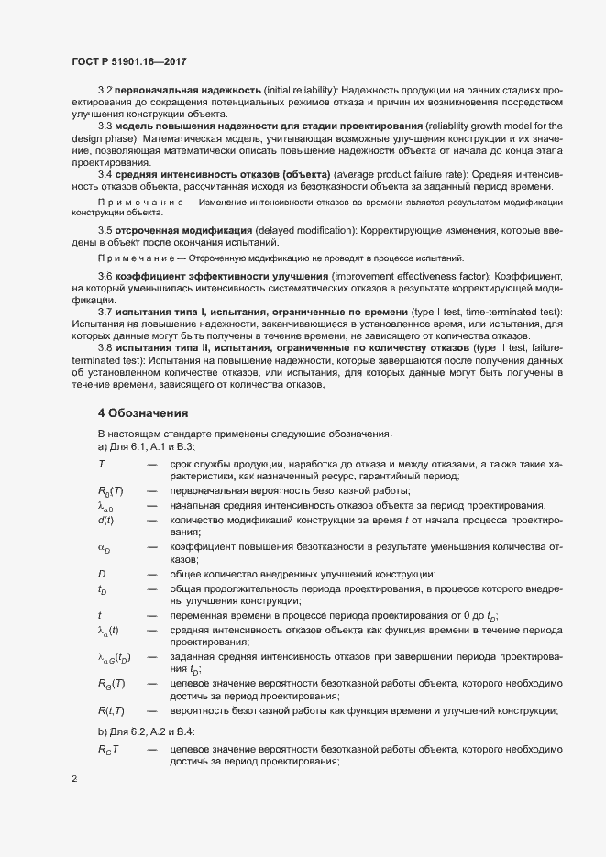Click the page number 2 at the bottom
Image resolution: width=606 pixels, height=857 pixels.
tap(73, 780)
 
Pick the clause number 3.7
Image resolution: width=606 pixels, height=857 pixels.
tap(105, 313)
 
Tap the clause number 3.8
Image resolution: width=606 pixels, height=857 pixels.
tap(105, 348)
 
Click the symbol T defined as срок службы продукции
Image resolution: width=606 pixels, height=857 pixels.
tap(101, 465)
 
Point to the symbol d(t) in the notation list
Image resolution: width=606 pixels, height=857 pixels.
tap(105, 521)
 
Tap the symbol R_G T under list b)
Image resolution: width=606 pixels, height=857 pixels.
tap(109, 750)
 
